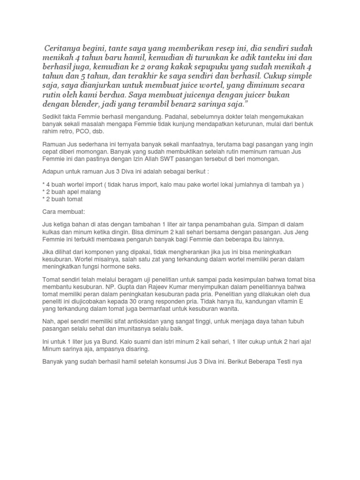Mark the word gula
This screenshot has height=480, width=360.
click(237, 225)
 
